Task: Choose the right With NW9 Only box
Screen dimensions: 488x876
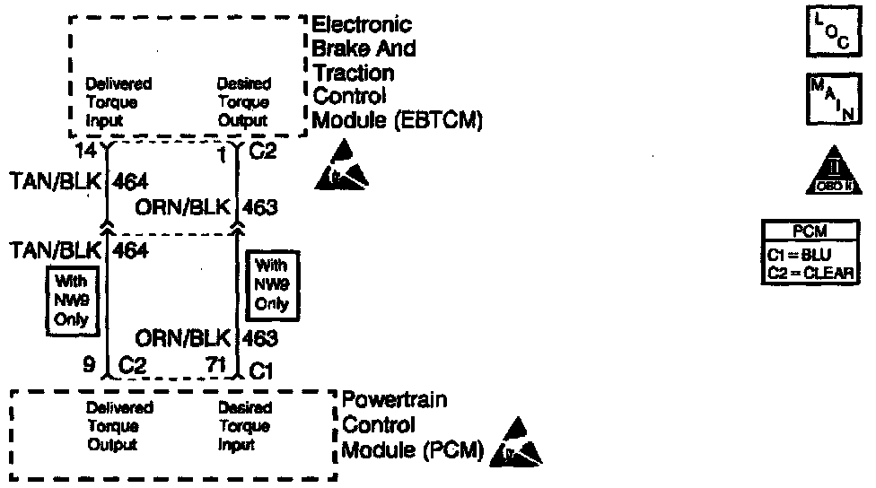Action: pos(271,284)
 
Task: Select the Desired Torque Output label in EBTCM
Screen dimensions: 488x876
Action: pos(243,101)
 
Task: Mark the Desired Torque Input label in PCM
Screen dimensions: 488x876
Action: pos(244,425)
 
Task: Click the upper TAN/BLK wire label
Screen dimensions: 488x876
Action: pos(54,183)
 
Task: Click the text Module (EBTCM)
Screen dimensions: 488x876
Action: pos(399,121)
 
